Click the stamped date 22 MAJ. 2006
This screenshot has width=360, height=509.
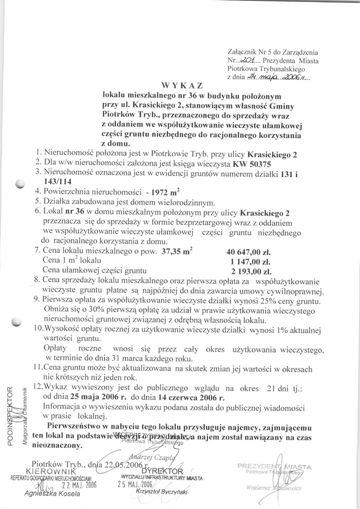click(x=79, y=485)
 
